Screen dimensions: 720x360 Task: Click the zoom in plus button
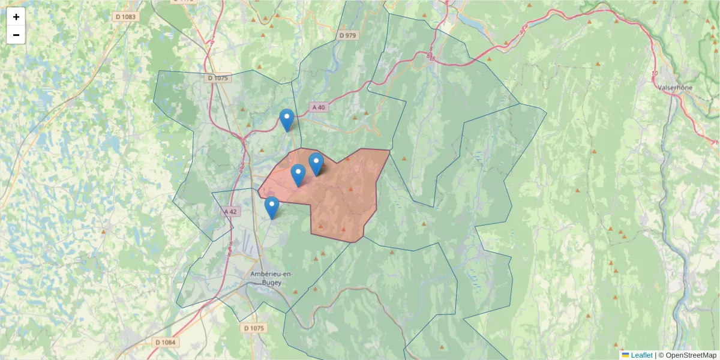pyautogui.click(x=16, y=17)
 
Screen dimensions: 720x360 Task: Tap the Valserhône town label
pyautogui.click(x=675, y=87)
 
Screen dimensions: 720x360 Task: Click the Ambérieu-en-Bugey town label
pyautogui.click(x=271, y=278)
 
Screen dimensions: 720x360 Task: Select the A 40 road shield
pyautogui.click(x=319, y=107)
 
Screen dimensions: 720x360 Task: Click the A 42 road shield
pyautogui.click(x=230, y=212)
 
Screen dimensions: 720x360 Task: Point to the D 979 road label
pyautogui.click(x=347, y=35)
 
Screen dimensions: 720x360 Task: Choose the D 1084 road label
pyautogui.click(x=166, y=342)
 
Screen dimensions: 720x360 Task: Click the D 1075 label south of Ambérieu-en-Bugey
pyautogui.click(x=254, y=328)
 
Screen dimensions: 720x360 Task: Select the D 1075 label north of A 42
pyautogui.click(x=218, y=78)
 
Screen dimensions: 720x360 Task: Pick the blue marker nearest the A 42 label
pyautogui.click(x=272, y=208)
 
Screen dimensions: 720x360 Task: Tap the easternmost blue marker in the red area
pyautogui.click(x=316, y=164)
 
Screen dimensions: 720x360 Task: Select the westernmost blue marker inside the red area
pyautogui.click(x=298, y=175)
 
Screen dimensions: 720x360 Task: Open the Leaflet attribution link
pyautogui.click(x=641, y=355)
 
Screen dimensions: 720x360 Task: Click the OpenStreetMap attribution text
pyautogui.click(x=691, y=355)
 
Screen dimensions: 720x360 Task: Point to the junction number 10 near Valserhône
pyautogui.click(x=654, y=73)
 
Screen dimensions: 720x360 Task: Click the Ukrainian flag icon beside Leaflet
pyautogui.click(x=625, y=355)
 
